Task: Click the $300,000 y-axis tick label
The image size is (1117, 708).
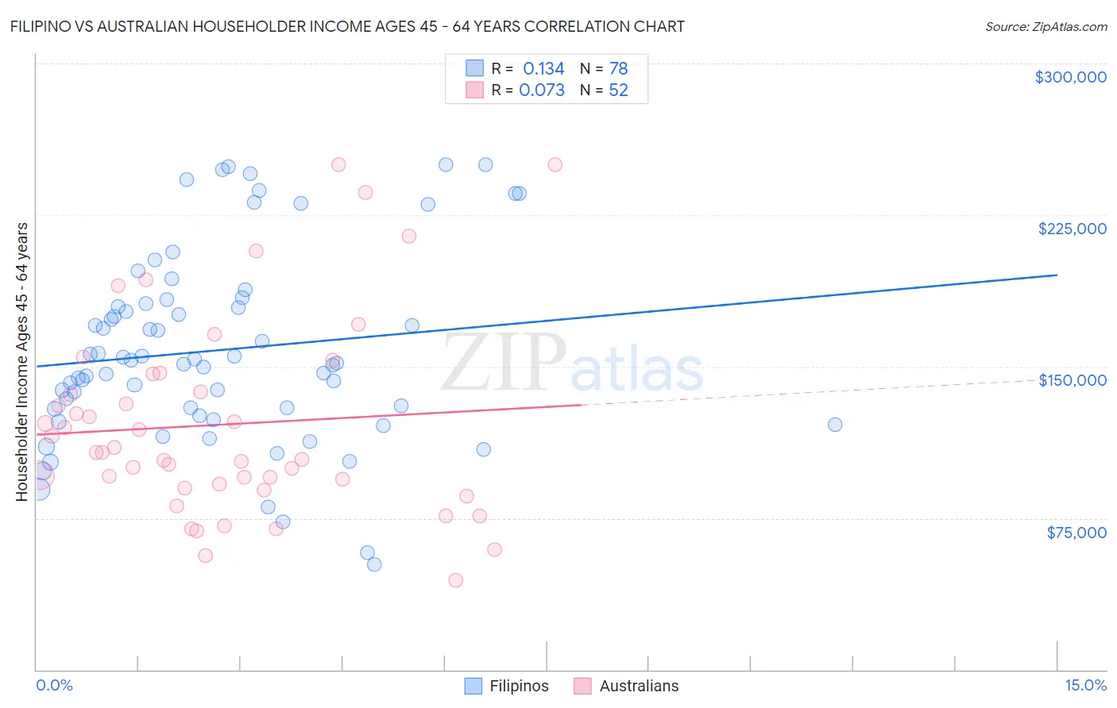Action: point(1070,77)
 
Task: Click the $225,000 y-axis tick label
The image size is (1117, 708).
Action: point(1072,229)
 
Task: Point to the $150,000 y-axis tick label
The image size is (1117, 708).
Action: point(1072,380)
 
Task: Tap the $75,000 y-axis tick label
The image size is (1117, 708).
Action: point(1076,533)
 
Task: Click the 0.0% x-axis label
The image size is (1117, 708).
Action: point(54,686)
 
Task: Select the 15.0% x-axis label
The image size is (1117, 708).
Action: point(1085,686)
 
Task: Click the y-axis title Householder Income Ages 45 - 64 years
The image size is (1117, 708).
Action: point(22,362)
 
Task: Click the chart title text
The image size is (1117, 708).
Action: point(347,26)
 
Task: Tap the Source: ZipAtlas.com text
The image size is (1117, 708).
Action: point(1045,27)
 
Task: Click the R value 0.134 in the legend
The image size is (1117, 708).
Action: point(543,69)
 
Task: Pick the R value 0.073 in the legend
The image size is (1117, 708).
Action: point(542,90)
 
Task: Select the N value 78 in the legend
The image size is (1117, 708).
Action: point(618,69)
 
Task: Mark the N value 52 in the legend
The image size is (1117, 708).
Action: point(618,90)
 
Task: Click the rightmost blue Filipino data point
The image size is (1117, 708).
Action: point(834,425)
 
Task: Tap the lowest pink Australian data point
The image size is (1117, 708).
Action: point(455,580)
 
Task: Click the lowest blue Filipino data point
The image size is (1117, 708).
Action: point(374,564)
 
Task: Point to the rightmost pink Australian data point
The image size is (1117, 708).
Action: point(555,165)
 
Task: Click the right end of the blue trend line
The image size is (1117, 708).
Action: point(1057,275)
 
